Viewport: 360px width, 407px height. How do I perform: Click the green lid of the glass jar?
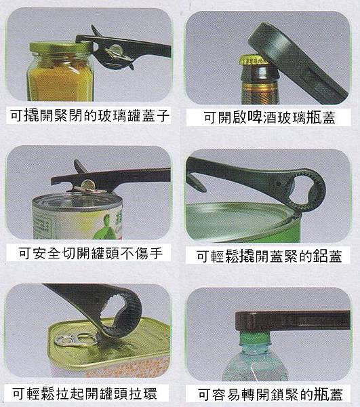[x=61, y=47]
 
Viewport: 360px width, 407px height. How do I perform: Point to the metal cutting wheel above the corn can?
[x=88, y=185]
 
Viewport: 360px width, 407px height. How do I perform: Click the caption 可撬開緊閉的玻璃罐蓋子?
[x=89, y=116]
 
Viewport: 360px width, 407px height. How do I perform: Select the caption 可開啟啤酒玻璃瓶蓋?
[x=269, y=117]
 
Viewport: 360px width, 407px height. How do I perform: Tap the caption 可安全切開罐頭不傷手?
[x=91, y=253]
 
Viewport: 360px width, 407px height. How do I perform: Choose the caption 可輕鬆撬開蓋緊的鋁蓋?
[x=269, y=256]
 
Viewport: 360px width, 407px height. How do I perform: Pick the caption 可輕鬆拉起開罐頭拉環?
[x=85, y=393]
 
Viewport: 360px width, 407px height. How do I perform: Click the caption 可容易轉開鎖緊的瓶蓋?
[x=270, y=394]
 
